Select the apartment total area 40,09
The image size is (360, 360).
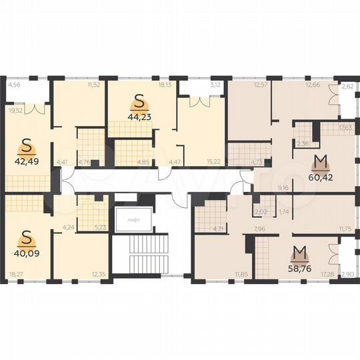[x=26, y=252]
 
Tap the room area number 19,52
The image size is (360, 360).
[x=15, y=111]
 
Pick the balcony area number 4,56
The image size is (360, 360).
[x=13, y=85]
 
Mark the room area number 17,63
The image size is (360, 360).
[x=345, y=127]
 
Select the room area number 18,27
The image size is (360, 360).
[x=15, y=274]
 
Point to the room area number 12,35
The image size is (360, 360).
[x=99, y=274]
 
